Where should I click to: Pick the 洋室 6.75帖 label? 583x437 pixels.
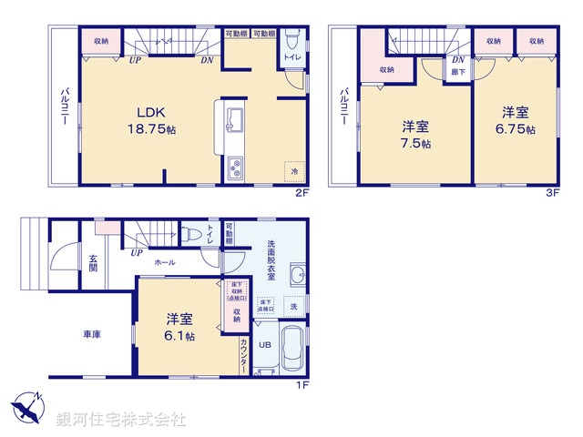coord(516,119)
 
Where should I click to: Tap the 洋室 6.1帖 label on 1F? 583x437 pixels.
coord(179,327)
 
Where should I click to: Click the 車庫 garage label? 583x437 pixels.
coord(89,335)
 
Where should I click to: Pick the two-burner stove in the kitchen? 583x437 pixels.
coord(235,168)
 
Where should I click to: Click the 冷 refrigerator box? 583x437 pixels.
coord(294,169)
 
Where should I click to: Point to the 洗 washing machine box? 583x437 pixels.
coord(292,307)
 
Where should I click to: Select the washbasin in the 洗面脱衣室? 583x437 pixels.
coord(297,276)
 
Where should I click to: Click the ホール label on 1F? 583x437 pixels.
coord(165,262)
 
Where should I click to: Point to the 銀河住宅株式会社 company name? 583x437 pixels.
coord(120,420)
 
